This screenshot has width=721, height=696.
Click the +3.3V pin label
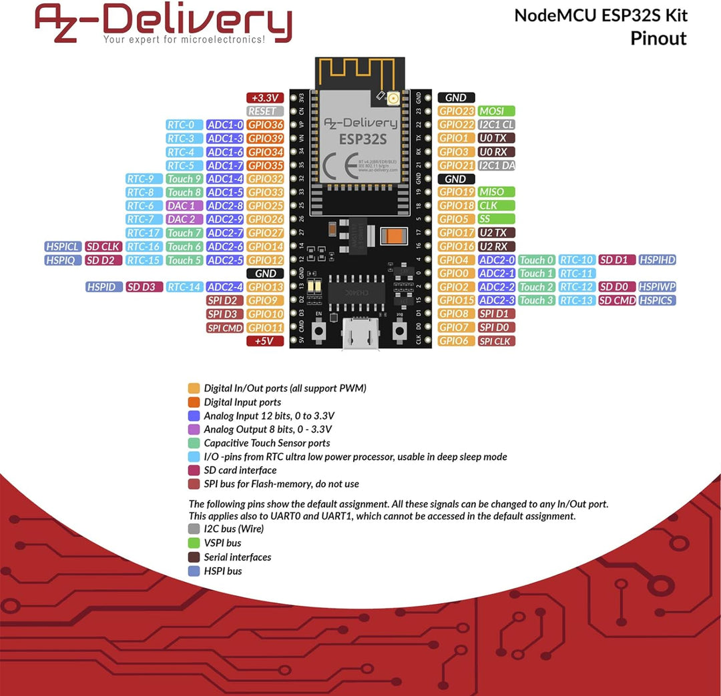266,97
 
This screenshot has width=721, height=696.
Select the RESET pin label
266,111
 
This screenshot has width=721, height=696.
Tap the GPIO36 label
266,125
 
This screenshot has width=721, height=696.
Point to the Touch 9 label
184,179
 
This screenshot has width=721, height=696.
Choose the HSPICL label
63,247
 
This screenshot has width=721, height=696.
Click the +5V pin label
266,341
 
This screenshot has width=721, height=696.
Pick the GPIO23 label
457,111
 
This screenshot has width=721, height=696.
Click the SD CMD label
617,300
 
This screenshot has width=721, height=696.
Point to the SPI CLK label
496,341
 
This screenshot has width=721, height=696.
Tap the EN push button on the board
319,330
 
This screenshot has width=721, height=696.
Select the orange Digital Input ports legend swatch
194,402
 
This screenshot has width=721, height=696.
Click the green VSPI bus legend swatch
194,543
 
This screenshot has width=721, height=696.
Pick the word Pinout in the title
658,38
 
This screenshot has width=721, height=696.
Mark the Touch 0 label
537,260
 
